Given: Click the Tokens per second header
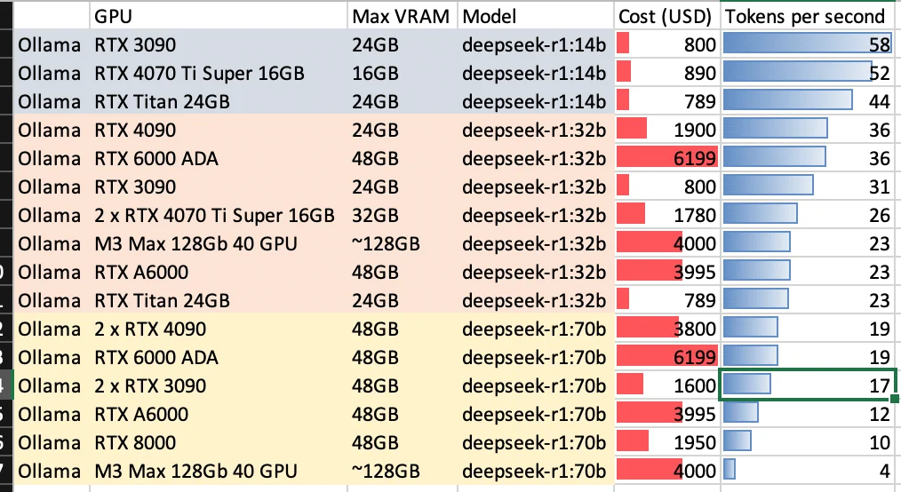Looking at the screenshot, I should tap(805, 16).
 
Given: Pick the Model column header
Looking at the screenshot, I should tap(490, 16).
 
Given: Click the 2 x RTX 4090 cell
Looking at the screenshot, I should tap(150, 329).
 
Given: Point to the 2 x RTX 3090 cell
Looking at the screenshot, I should tap(150, 386).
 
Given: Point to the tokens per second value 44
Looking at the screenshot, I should tap(880, 101).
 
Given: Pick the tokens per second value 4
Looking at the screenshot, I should tap(885, 471).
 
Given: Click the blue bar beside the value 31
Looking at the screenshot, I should tap(769, 186).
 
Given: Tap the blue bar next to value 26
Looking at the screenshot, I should tap(761, 215).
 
